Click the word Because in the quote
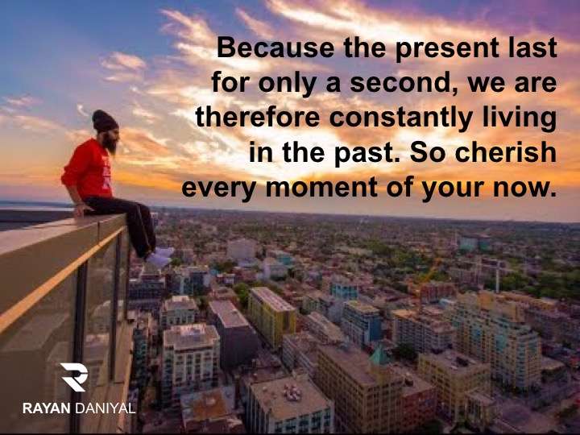pos(275,48)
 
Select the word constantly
pos(400,118)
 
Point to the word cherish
pos(506,152)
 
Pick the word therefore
pos(258,117)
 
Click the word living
pos(520,118)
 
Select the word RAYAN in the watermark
pos(46,408)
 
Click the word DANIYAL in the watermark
pos(106,408)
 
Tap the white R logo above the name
pos(74,377)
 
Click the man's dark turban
pos(104,121)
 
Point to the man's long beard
pos(110,143)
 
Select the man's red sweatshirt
pos(88,169)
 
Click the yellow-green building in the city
pos(272,316)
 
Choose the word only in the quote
pos(287,84)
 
